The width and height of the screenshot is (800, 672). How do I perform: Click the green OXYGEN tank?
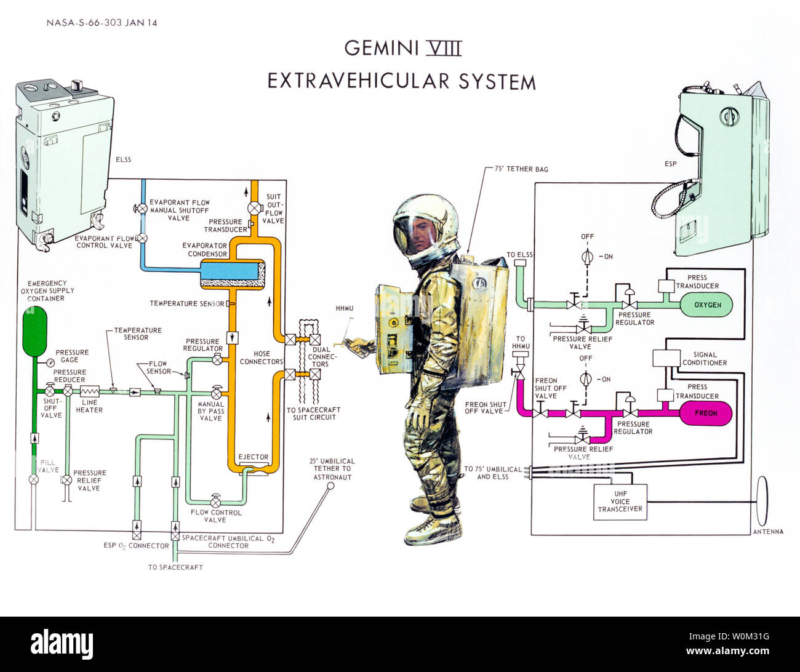pyautogui.click(x=706, y=305)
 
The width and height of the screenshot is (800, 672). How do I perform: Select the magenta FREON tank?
pyautogui.click(x=705, y=413)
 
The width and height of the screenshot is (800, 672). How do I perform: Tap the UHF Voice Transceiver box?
pyautogui.click(x=620, y=502)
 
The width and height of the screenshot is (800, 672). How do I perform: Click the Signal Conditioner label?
pyautogui.click(x=704, y=359)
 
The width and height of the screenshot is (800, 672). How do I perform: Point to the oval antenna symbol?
pyautogui.click(x=762, y=501)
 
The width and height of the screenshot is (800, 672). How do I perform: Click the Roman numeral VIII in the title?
pyautogui.click(x=444, y=47)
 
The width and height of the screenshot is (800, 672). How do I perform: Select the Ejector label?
pyautogui.click(x=253, y=457)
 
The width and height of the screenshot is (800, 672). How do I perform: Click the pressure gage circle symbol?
pyautogui.click(x=49, y=364)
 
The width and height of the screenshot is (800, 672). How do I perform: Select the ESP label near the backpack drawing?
pyautogui.click(x=670, y=164)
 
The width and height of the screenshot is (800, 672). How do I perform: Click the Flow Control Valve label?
pyautogui.click(x=216, y=516)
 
